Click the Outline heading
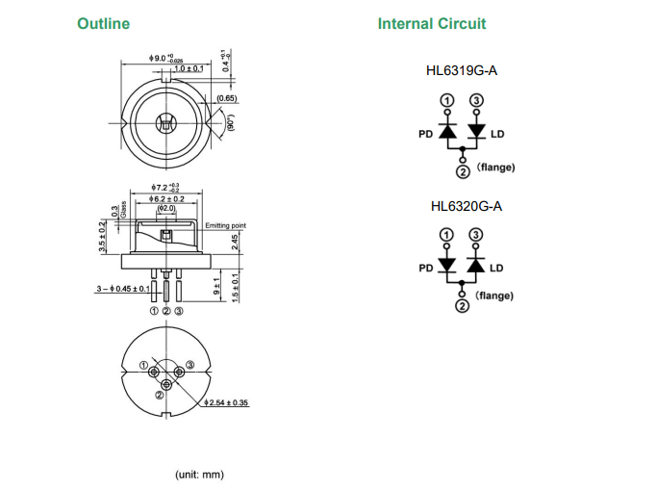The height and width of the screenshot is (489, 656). pos(103,24)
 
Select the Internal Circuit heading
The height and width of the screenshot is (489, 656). pos(432,24)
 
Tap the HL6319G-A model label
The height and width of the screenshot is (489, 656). pos(462,71)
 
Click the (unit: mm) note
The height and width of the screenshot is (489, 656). pos(199,475)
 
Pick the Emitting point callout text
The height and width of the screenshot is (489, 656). pos(225,225)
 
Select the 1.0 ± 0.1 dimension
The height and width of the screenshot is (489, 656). pos(189,69)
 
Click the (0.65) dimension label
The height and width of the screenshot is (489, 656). pos(228,98)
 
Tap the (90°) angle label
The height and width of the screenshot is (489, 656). pos(230,123)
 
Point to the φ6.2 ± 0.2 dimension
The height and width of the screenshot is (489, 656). pos(166,198)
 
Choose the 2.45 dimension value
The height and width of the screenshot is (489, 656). pos(236,244)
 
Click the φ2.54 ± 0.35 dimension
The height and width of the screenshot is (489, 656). pos(228,402)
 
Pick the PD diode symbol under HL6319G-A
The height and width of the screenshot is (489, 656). pos(447,132)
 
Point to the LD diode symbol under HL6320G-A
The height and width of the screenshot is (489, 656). pos(475,265)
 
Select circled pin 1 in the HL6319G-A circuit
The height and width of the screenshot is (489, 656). pos(447,101)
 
